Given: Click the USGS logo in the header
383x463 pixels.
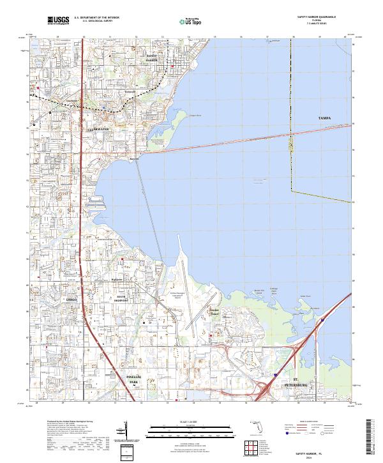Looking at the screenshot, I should (x=59, y=20).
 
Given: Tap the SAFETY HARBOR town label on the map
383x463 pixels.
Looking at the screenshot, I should (x=147, y=58).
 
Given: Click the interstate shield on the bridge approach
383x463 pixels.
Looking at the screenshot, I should (x=275, y=375).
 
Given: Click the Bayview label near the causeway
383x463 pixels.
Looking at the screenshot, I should (x=133, y=159).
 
